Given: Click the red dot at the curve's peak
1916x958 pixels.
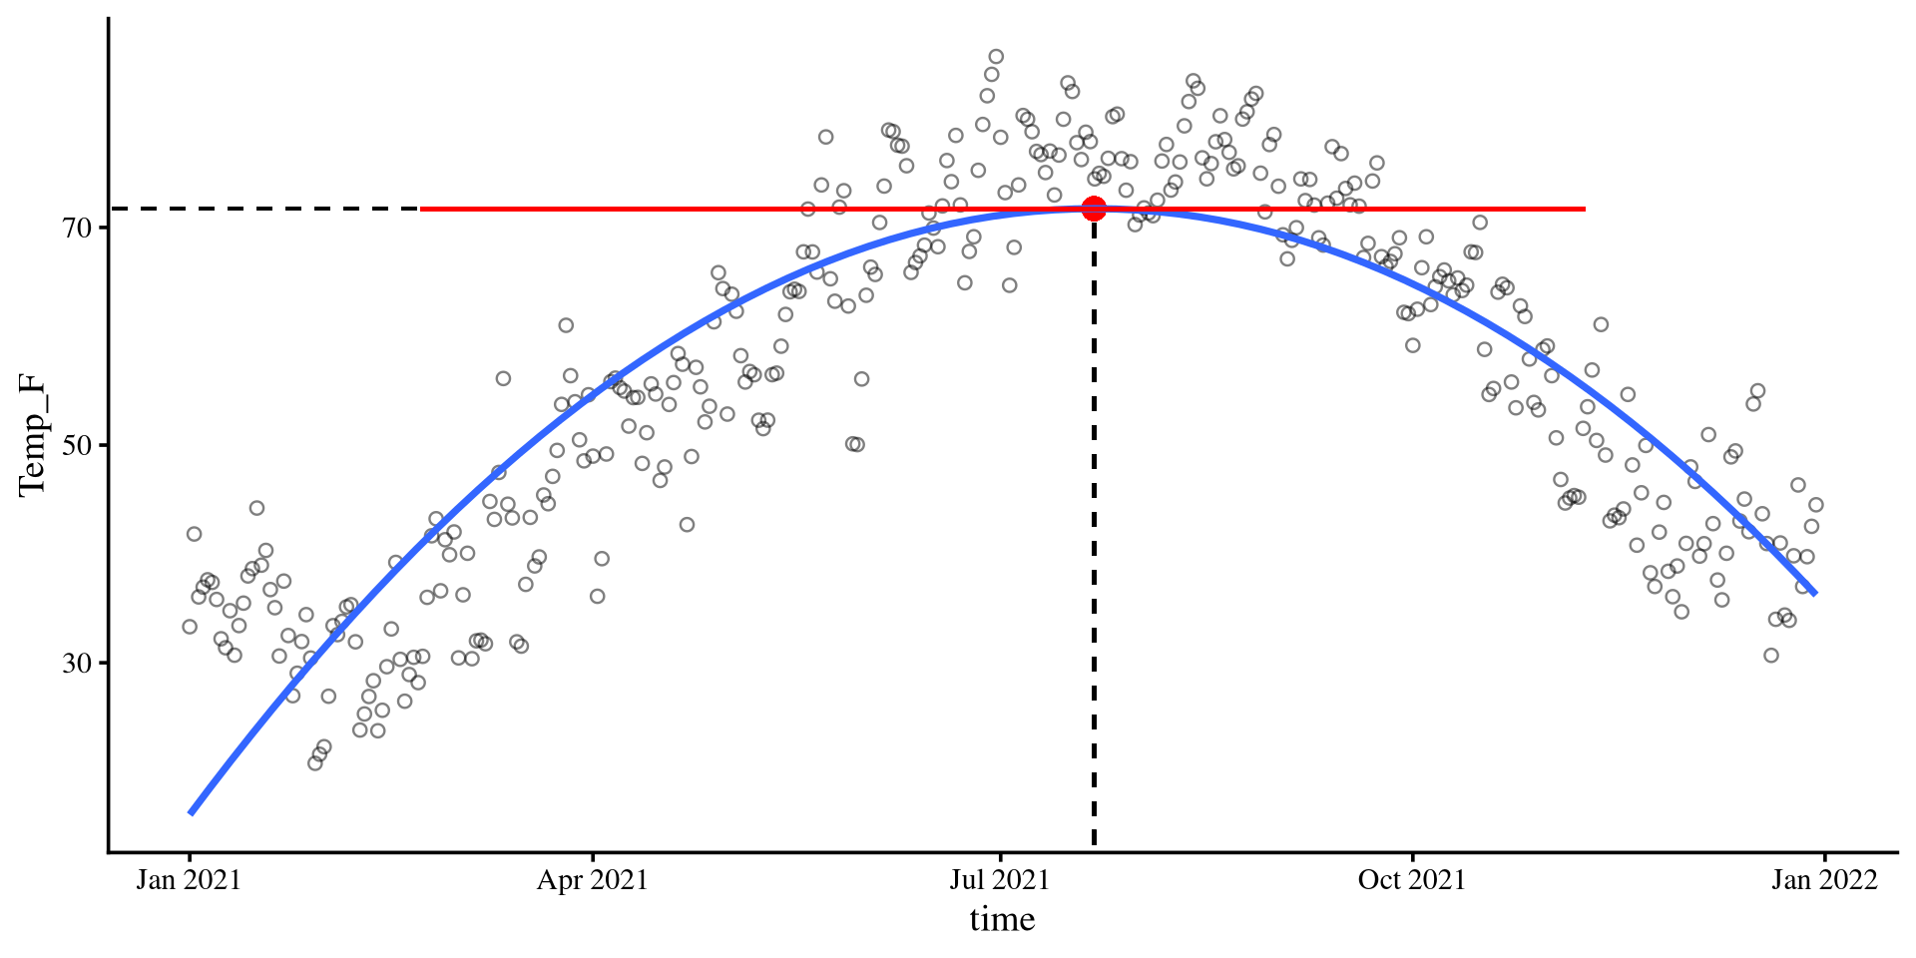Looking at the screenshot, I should coord(1094,209).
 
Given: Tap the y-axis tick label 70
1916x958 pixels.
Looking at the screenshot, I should coord(77,229).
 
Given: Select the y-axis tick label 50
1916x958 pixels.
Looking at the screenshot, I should coord(77,445).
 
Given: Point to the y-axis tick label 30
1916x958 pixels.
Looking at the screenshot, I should coord(77,663).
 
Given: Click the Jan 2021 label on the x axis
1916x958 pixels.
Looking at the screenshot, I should coord(189,880).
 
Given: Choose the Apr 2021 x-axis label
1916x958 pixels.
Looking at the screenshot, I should coord(593,880).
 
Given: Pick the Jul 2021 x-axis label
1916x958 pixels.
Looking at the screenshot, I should coord(999,880).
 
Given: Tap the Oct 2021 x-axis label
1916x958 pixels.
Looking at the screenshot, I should coord(1411,880).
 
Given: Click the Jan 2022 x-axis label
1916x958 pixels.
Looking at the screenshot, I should coord(1824,880).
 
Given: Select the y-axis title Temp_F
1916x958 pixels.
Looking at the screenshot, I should coord(32,434).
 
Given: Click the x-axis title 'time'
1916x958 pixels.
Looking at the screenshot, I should coord(1002,919).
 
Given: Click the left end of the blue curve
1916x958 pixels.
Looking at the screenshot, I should coord(191,812).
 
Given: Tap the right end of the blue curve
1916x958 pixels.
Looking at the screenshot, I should coord(1814,594).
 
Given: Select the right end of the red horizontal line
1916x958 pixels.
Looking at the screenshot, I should coord(1584,209).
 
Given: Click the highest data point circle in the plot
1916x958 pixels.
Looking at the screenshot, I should coord(996,57).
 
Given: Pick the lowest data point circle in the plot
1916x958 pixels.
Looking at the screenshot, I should coord(315,763).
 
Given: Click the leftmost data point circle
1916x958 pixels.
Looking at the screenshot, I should coord(190,627).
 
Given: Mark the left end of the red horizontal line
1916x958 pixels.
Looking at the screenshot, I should coord(423,209).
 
